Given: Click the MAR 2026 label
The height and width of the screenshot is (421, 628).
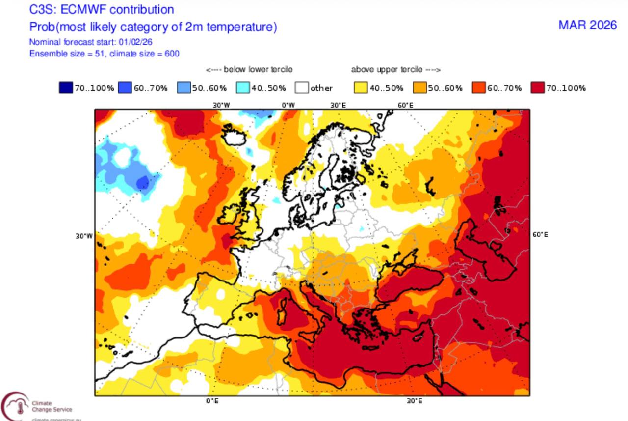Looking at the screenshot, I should (x=587, y=25).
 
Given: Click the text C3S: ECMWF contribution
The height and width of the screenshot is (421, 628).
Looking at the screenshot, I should (x=102, y=9).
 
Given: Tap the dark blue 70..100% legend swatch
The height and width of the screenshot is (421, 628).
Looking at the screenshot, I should (x=66, y=88).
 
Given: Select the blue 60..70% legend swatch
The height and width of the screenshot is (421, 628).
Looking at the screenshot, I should (x=125, y=88).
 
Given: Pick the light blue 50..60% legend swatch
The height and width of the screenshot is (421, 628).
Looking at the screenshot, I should (x=183, y=88).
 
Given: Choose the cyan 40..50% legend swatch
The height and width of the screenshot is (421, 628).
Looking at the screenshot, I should (x=243, y=88).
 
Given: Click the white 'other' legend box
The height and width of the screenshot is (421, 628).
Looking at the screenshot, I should (x=302, y=88).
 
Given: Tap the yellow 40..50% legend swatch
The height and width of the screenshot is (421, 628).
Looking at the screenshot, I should (x=361, y=88).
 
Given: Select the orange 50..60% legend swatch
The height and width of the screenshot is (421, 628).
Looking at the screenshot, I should (x=420, y=88).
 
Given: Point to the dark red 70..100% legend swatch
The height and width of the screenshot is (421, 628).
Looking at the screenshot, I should (x=538, y=88).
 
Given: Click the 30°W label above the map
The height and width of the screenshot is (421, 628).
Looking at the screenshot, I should (x=221, y=105).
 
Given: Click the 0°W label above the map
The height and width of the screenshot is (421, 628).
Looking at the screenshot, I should (x=288, y=105).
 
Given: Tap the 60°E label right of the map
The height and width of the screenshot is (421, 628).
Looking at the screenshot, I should (x=540, y=235).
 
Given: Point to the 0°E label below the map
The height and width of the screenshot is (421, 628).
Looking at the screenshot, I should (x=212, y=401).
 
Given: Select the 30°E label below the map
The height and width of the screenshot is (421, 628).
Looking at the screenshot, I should (x=414, y=401).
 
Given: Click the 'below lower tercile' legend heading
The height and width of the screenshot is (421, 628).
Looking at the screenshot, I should (x=249, y=70).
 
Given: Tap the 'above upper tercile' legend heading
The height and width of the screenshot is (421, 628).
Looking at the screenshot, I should (x=395, y=70).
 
